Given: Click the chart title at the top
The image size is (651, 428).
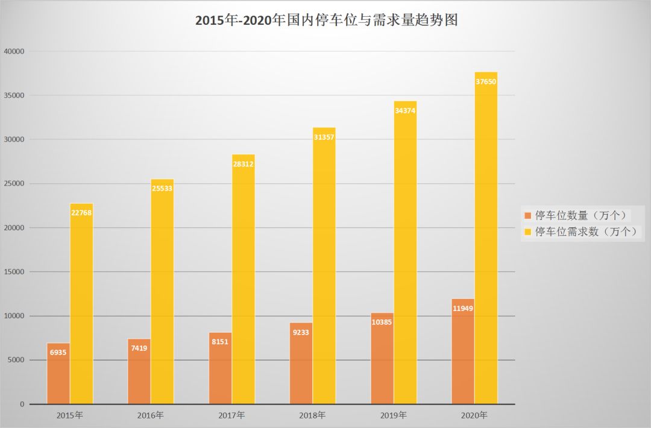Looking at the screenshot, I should coord(326,20).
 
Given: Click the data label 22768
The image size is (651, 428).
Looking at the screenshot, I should coord(81,212).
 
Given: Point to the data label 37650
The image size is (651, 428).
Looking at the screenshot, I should coord(486,81).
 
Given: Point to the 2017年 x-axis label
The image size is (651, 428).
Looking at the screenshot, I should coord(232,415).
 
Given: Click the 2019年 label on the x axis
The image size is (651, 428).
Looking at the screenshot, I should coord(394,415).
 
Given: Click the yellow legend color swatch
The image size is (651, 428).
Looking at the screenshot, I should coord(528,231).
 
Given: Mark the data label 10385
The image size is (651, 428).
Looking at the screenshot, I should coord(382,323).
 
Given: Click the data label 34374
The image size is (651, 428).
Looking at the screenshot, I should coord(405,110).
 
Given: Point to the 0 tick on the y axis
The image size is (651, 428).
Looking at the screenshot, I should coord(21,404).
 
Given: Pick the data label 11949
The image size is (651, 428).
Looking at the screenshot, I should coord(463,309).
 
